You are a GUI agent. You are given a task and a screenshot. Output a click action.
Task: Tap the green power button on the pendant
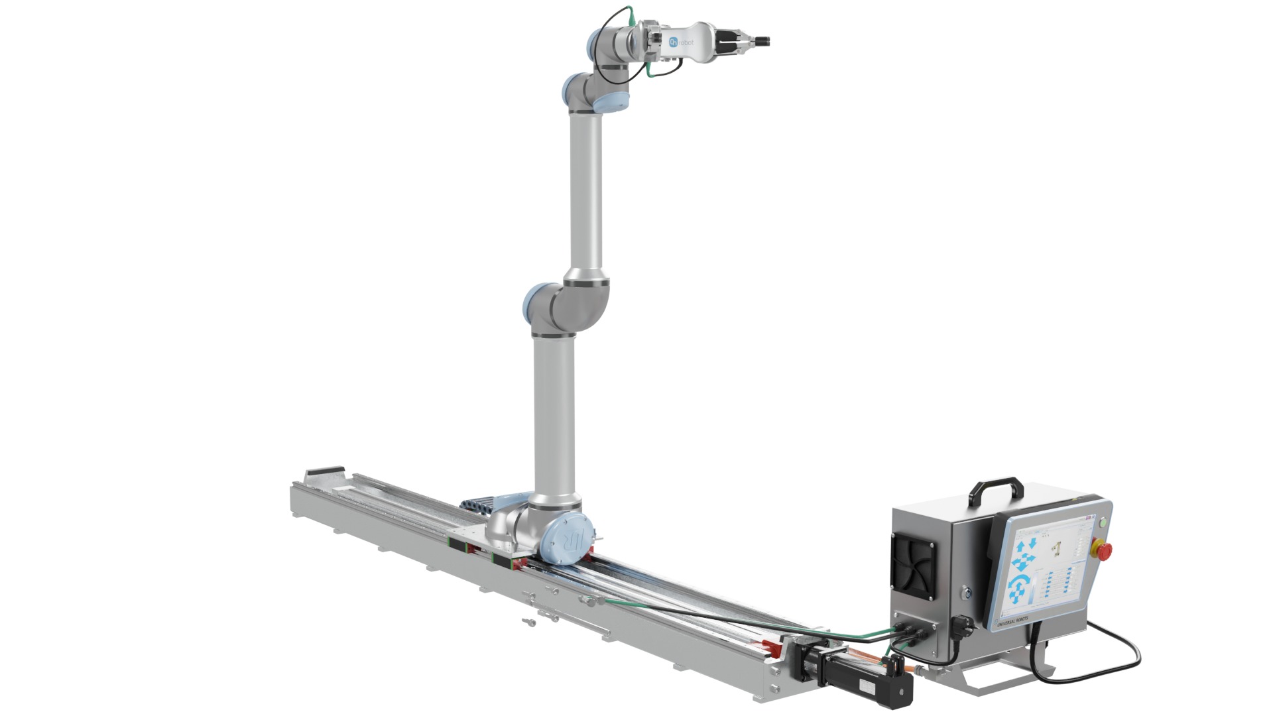(1103, 522)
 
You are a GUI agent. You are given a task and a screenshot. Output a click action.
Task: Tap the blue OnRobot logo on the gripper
(674, 42)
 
